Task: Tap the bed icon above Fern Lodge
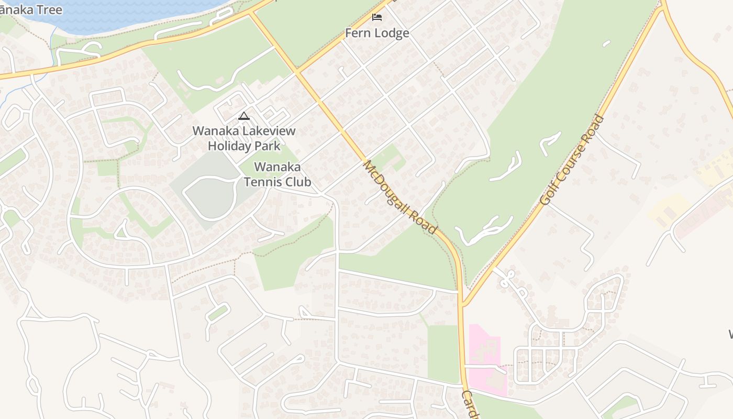tap(376, 17)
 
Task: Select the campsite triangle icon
tap(243, 116)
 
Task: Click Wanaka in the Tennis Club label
tap(277, 167)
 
